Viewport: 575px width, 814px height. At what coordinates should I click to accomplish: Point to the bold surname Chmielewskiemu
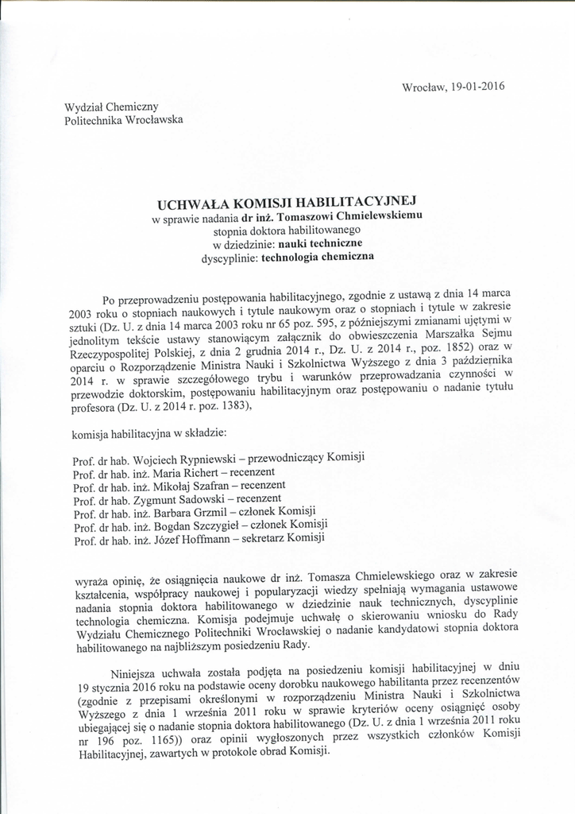point(376,215)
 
